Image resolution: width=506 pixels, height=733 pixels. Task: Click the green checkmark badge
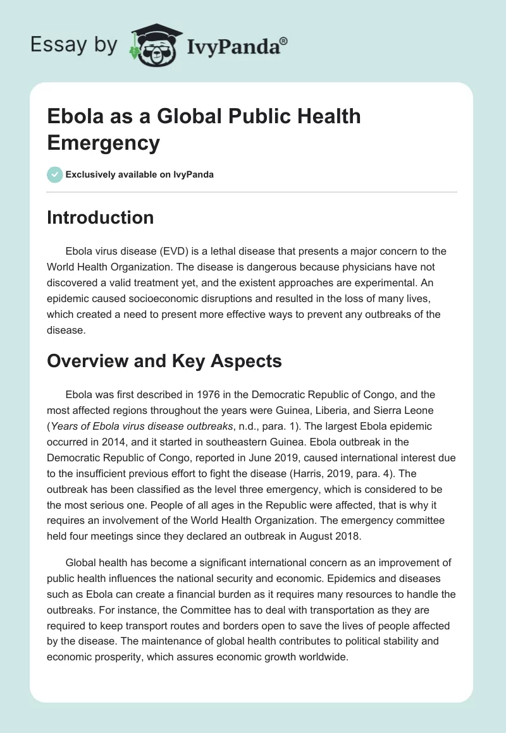[x=55, y=174]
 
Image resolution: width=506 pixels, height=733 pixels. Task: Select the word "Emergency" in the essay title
[x=104, y=143]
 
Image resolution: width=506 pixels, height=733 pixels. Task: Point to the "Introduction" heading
[x=101, y=218]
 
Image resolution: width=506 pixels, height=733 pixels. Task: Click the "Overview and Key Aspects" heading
[x=164, y=361]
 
